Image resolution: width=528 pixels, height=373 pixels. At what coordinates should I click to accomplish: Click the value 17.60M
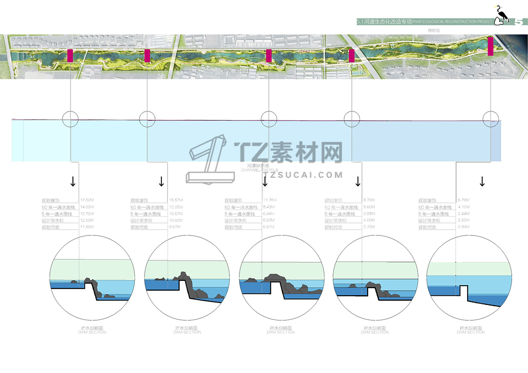pos(87,200)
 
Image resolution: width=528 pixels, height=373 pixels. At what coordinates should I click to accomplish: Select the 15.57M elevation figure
pos(176,200)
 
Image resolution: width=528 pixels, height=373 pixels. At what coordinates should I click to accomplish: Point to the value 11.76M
pos(270,200)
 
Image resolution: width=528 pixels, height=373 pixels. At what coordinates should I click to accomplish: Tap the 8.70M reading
pos(369,200)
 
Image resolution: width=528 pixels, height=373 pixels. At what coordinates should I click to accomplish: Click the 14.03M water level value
pos(87,207)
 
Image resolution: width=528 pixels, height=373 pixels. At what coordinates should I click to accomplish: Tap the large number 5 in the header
pos(519,22)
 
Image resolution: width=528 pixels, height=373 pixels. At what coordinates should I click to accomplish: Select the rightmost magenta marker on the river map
pos(491,46)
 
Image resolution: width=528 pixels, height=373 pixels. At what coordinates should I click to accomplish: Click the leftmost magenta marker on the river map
pos(70,55)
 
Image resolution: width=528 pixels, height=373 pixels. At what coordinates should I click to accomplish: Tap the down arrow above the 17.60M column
pos(73,181)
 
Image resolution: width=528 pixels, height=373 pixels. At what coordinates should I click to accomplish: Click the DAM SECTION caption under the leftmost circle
pos(92,332)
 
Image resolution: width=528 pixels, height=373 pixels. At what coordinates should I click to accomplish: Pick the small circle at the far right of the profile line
pos(491,118)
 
